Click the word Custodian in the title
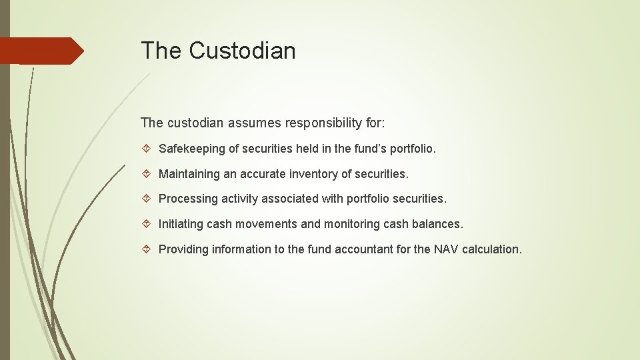[x=242, y=51]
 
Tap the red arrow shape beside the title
[x=41, y=51]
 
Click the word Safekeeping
[x=191, y=149]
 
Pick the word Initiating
[x=180, y=224]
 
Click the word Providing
[x=183, y=249]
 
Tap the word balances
[x=436, y=224]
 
